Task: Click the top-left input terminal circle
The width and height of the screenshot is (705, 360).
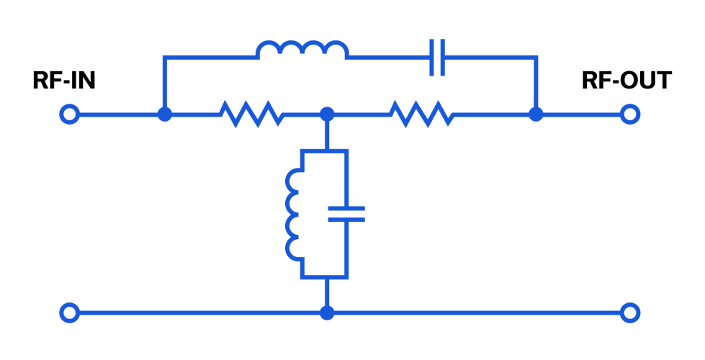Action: (x=69, y=114)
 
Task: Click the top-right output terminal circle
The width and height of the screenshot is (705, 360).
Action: (x=630, y=114)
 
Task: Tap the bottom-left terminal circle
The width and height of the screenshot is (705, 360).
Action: (x=69, y=312)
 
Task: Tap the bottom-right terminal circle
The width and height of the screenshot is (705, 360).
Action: (x=630, y=312)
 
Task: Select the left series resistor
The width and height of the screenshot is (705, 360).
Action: (x=251, y=114)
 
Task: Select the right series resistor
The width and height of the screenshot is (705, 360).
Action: (x=421, y=114)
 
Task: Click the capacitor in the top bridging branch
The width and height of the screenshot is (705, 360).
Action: (x=437, y=57)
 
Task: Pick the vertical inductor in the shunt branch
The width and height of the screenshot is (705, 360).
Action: (x=294, y=214)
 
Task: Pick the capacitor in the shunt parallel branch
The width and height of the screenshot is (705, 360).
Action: (x=347, y=214)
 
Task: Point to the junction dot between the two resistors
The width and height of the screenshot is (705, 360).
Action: (x=327, y=114)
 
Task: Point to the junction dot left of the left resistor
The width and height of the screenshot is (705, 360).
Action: (x=165, y=114)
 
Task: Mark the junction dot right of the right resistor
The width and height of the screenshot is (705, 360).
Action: (x=536, y=114)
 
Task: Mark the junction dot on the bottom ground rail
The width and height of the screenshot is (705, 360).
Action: (x=327, y=312)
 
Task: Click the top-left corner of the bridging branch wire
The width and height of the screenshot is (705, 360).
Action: (x=165, y=57)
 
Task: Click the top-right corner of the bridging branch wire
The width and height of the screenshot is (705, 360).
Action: (x=536, y=57)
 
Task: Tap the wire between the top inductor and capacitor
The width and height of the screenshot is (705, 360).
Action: (x=389, y=57)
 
